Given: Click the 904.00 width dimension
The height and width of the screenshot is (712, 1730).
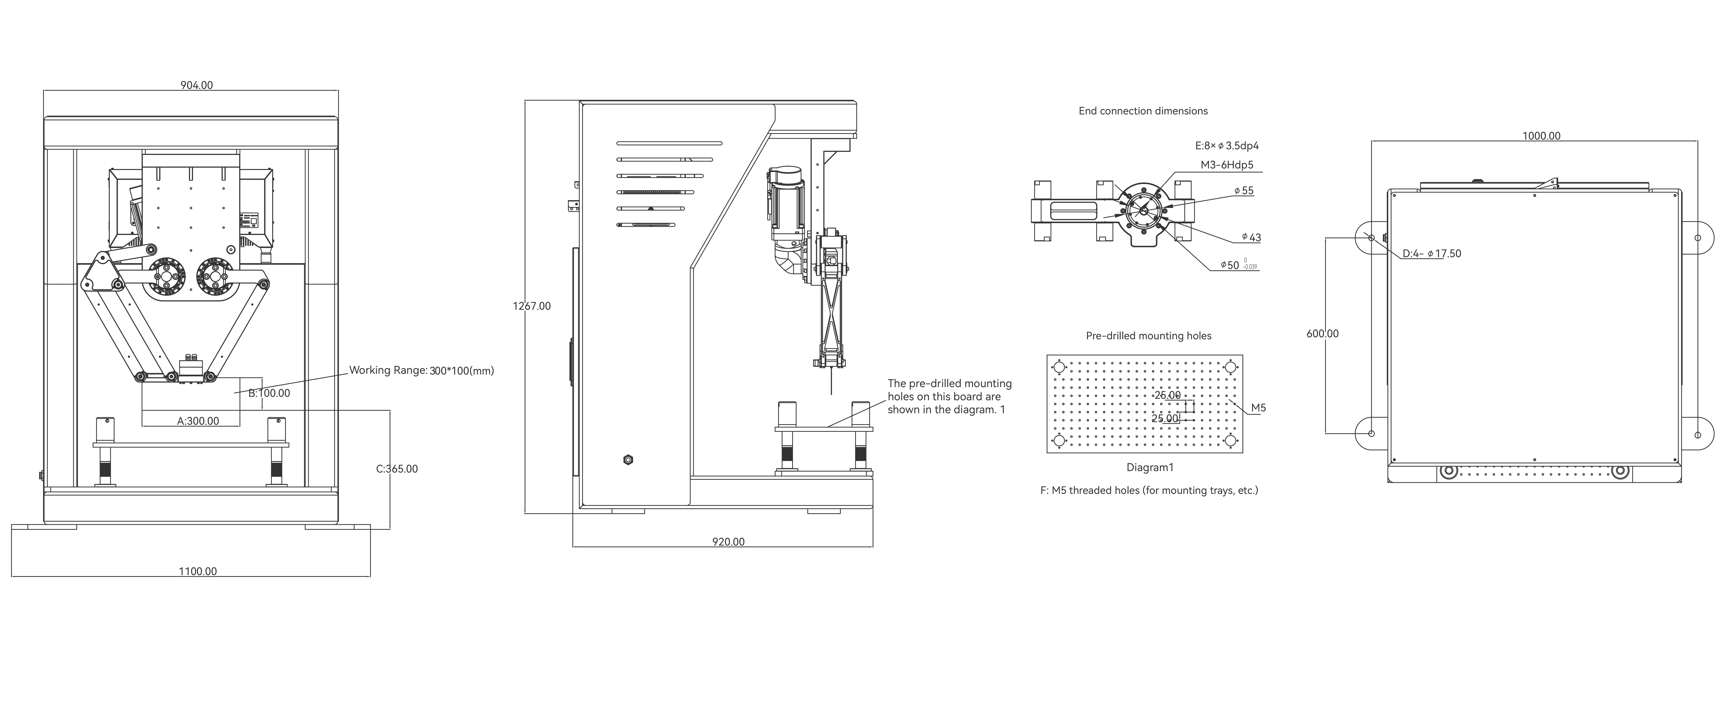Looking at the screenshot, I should [197, 85].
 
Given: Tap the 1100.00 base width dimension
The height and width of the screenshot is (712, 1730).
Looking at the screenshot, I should [198, 572].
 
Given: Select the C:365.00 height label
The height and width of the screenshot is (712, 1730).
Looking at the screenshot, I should [397, 469].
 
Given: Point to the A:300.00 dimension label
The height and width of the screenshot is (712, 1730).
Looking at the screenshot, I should [198, 421].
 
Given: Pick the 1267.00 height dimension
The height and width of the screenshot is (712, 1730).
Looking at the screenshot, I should [532, 306].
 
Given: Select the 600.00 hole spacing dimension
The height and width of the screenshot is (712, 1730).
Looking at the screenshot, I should [1322, 334].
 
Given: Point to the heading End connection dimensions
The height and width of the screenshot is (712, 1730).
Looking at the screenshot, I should [1143, 111].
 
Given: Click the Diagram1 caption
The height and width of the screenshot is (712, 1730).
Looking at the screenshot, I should [1150, 467].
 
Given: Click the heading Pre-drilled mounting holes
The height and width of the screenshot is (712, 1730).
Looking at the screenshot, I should [1148, 336].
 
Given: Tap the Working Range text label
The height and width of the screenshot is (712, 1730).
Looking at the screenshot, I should [421, 370].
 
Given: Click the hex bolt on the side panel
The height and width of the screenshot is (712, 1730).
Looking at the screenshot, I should [628, 460].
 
